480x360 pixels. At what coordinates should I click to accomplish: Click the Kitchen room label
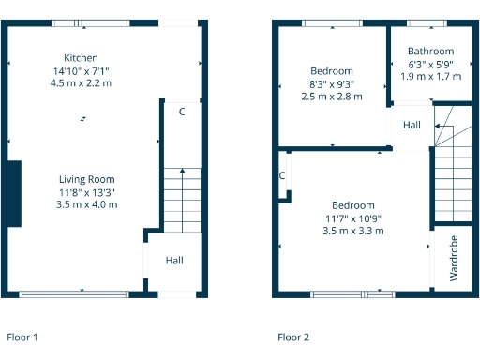coord(81,58)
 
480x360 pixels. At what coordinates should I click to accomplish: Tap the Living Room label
coord(87,179)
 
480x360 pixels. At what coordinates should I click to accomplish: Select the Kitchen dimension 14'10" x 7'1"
coord(81,70)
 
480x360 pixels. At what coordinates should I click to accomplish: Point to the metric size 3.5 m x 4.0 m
coord(87,204)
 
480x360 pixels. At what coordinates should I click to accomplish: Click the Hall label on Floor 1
coord(173,261)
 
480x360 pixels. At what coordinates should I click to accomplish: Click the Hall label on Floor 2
coord(412,125)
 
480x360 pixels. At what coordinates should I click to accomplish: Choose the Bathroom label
coord(431,52)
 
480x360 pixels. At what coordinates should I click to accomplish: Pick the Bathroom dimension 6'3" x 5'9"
coord(431,64)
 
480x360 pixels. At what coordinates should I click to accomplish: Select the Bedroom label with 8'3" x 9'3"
coord(332,71)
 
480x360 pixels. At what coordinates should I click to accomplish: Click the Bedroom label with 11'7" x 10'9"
coord(353,205)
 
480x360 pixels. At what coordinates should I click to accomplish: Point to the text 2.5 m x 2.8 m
coord(332,96)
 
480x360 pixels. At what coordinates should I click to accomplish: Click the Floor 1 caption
coord(22,336)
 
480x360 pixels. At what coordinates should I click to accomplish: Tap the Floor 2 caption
coord(293,336)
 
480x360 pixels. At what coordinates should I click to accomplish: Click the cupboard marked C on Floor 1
coord(181,112)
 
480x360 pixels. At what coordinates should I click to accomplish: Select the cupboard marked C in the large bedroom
coord(281,175)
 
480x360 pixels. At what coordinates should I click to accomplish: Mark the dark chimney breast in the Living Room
coord(12,193)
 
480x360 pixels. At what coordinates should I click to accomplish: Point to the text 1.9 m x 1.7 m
coord(431,76)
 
